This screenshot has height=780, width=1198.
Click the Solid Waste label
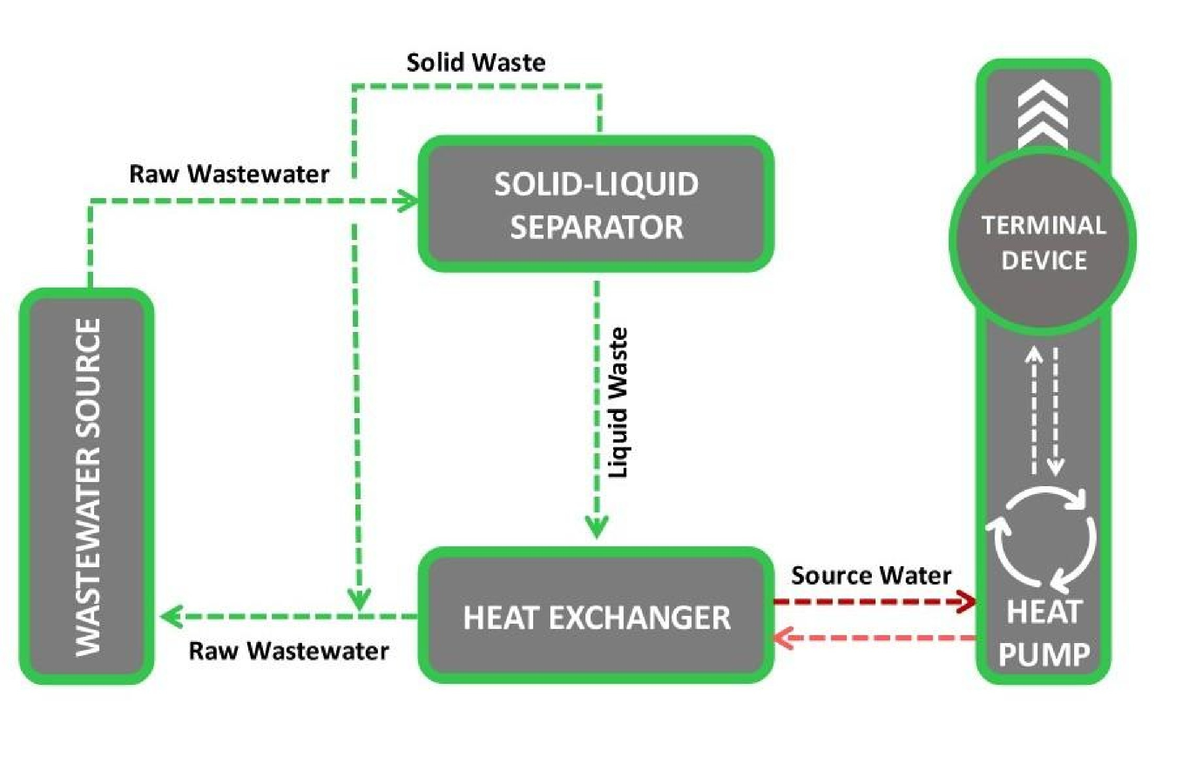pos(476,63)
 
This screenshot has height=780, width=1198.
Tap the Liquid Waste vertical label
pos(619,403)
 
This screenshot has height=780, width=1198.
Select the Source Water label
pos(871,576)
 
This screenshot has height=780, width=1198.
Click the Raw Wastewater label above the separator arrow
pos(229,174)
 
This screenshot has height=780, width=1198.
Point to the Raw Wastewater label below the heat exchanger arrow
pos(289,651)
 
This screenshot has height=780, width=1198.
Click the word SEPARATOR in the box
pos(596,227)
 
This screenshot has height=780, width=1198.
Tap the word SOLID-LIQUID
pos(596,184)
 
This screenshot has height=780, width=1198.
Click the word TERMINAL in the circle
pos(1044,226)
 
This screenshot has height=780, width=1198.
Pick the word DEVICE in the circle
pos(1044,260)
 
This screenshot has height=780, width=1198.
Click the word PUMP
pos(1044,655)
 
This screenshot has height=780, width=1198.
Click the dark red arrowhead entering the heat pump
pos(967,601)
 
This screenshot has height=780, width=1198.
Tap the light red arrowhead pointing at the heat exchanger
pos(783,638)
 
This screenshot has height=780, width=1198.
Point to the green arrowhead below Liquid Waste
pos(596,527)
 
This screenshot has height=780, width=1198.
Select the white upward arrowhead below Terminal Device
pos(1033,355)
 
